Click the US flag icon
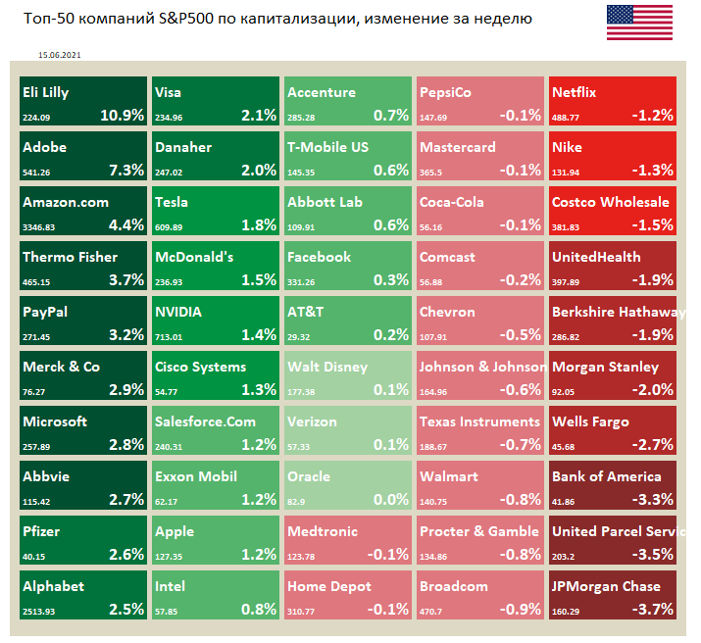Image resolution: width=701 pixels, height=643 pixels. [639, 23]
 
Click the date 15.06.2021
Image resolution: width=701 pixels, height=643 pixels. [58, 56]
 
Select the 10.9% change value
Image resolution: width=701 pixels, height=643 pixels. [122, 115]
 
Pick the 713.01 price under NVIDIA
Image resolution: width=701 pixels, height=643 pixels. [169, 336]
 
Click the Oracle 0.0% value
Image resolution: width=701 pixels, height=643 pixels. [390, 499]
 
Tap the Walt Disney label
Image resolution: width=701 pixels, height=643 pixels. [327, 368]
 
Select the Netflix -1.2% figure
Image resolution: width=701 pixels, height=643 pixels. [652, 115]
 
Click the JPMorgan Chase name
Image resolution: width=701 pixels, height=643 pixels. [606, 587]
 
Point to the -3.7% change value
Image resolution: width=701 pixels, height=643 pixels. [652, 609]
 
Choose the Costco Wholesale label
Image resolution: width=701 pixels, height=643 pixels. [611, 203]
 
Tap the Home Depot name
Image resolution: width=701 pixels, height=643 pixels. [329, 587]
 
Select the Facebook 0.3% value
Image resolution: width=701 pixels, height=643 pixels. [390, 279]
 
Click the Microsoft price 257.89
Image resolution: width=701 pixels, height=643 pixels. [37, 446]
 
